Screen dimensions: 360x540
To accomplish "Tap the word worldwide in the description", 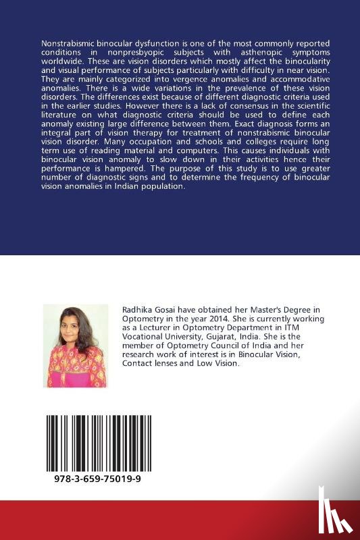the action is [61, 61].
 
